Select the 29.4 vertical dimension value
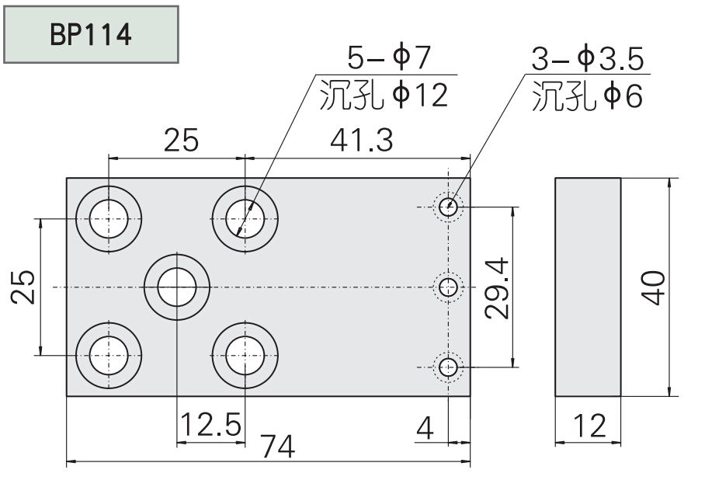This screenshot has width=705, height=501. [495, 288]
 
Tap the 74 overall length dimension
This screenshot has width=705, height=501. [276, 448]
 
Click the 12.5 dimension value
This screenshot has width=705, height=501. [210, 425]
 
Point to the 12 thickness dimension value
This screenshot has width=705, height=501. [588, 426]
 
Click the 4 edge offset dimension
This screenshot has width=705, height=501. [425, 426]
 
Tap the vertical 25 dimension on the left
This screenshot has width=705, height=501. [25, 287]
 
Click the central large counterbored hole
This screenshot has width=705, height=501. [177, 287]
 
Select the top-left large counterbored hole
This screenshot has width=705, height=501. [109, 219]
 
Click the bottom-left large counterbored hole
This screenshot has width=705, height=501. [109, 355]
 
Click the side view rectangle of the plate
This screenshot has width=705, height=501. [588, 287]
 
